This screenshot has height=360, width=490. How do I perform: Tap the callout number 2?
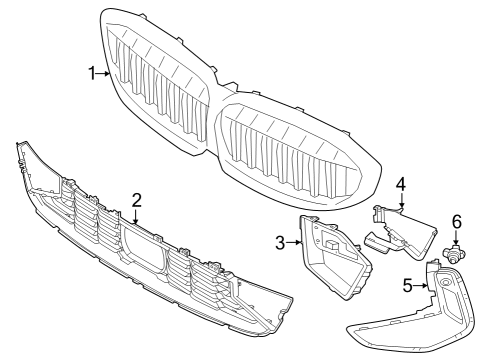[136, 199]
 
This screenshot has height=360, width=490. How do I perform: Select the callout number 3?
[281, 241]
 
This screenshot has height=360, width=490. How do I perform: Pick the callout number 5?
[408, 286]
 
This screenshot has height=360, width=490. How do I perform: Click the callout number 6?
[457, 220]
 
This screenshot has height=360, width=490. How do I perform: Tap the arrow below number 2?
[136, 214]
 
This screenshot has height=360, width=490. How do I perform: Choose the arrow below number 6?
[457, 238]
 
